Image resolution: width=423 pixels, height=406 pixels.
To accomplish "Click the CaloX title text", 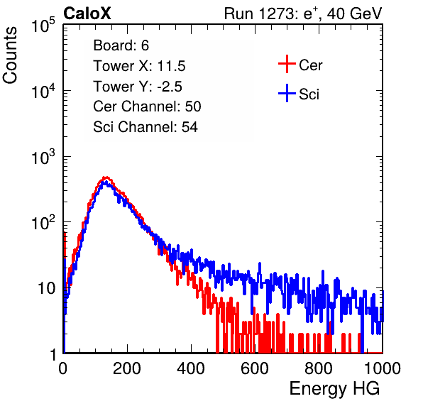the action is [87, 13].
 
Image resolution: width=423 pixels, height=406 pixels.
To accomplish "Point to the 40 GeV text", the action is [355, 13].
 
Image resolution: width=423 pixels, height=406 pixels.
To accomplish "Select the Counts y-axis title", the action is [10, 55].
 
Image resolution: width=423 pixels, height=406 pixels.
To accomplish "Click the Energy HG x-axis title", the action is [334, 389].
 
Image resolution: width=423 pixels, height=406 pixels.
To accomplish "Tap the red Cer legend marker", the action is [287, 64].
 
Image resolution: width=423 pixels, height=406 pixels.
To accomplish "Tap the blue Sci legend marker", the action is [287, 94].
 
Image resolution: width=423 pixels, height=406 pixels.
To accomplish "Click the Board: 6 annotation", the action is [121, 45].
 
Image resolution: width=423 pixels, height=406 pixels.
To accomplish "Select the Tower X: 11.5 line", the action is [139, 66].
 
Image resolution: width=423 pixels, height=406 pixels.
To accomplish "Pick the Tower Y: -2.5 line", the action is [138, 87].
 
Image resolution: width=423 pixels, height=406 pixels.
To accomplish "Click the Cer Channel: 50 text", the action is [147, 106].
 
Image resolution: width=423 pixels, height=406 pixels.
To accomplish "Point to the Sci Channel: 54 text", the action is [145, 127].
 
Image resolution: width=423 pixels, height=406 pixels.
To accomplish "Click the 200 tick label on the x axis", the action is [127, 368].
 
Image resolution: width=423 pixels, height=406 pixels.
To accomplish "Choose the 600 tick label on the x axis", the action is [255, 368].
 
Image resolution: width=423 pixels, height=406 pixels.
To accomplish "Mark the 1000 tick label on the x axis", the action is [383, 368].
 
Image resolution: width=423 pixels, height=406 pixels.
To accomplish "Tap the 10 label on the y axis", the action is [47, 288].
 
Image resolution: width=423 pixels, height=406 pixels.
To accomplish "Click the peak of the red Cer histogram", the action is [106, 177].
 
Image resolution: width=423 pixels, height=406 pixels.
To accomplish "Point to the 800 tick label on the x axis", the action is [319, 368].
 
